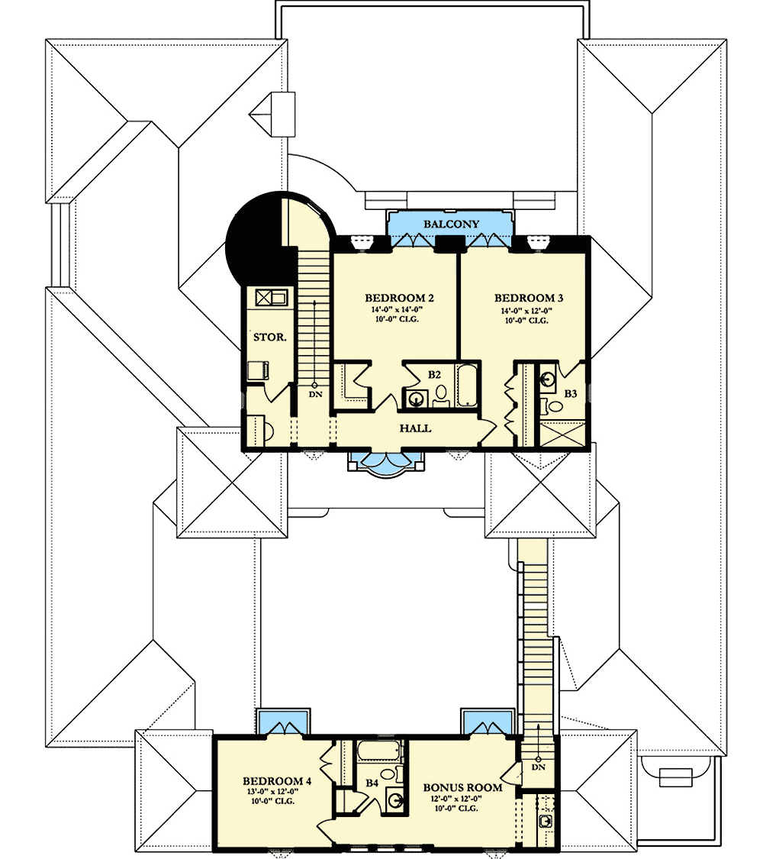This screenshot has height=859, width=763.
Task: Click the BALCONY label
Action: tap(451, 224)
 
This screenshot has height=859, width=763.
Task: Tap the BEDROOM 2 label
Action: tap(399, 298)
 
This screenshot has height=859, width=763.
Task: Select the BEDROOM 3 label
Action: tap(528, 298)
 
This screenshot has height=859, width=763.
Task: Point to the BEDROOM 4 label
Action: tap(277, 780)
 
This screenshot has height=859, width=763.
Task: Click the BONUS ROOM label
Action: tap(462, 787)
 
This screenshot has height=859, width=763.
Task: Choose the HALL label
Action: tap(415, 428)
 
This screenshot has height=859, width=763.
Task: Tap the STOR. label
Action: tap(269, 337)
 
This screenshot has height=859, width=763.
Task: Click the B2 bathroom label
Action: tap(434, 375)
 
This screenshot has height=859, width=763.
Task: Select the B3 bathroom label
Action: tap(570, 393)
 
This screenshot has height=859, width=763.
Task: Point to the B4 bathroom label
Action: tap(372, 783)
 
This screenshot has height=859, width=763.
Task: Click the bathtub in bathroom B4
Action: tap(380, 751)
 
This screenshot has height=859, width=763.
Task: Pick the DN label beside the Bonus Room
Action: tap(538, 767)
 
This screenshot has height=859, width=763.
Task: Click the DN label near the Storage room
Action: tap(314, 394)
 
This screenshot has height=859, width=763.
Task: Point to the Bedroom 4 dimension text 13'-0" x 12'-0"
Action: tap(277, 792)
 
